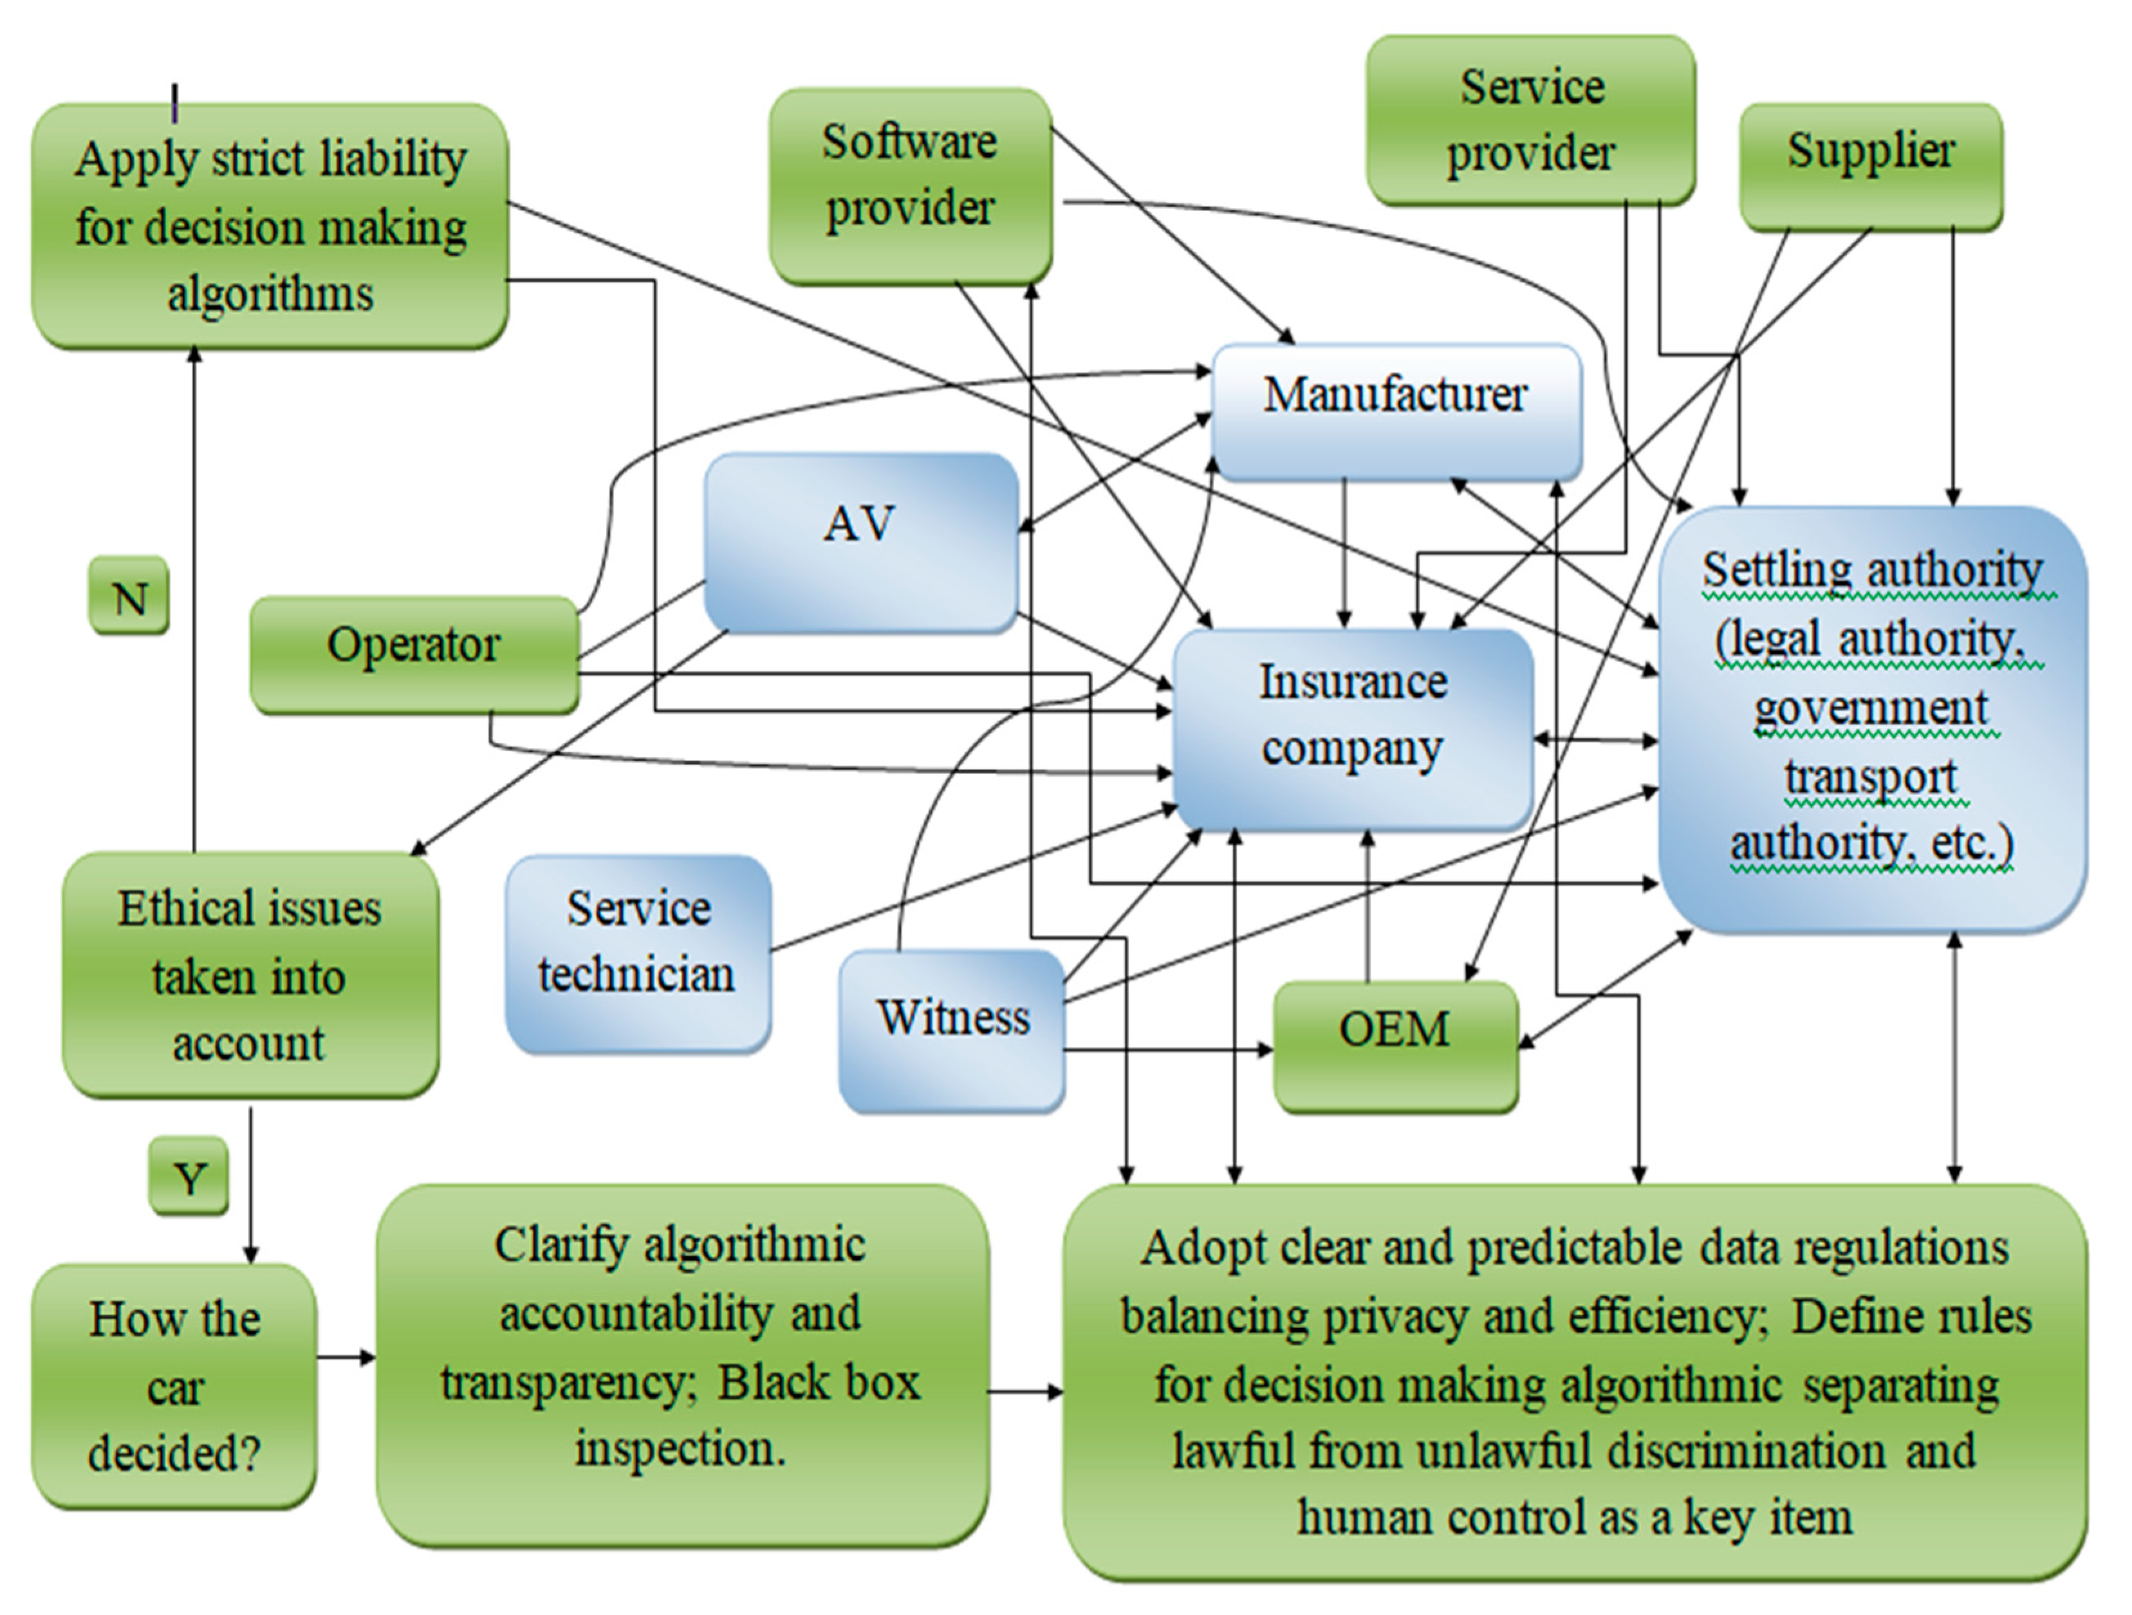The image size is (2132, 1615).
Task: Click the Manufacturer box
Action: click(x=1396, y=411)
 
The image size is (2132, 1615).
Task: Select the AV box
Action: click(x=860, y=542)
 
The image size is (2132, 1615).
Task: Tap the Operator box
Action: click(x=414, y=654)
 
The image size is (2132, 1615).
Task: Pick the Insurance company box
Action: click(x=1352, y=728)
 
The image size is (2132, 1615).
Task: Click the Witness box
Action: click(x=952, y=1030)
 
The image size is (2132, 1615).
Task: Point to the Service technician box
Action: click(x=638, y=953)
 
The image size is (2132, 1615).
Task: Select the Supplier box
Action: click(x=1871, y=166)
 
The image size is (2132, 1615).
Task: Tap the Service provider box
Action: click(x=1530, y=120)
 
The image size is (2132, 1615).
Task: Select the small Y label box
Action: click(x=189, y=1175)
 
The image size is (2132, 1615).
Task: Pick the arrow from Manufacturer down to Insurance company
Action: click(x=1346, y=554)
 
